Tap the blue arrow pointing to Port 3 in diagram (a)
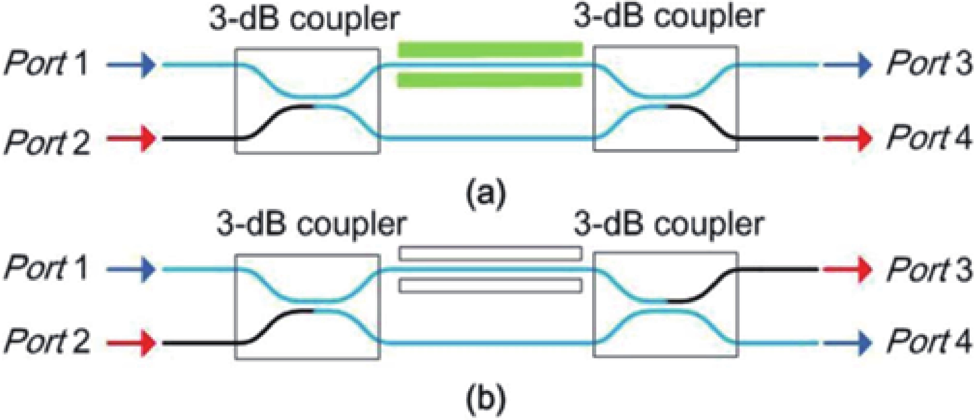(847, 65)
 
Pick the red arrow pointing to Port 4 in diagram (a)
(847, 138)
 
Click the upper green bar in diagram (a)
(490, 50)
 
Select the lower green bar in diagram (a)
(490, 80)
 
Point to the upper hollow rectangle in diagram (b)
(490, 253)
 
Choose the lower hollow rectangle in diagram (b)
(490, 286)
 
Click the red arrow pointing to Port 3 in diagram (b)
(847, 269)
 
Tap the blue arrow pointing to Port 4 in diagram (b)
(847, 343)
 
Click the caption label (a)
(485, 194)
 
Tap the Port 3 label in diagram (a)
(929, 64)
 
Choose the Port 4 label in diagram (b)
(929, 342)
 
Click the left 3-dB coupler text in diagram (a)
(304, 20)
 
